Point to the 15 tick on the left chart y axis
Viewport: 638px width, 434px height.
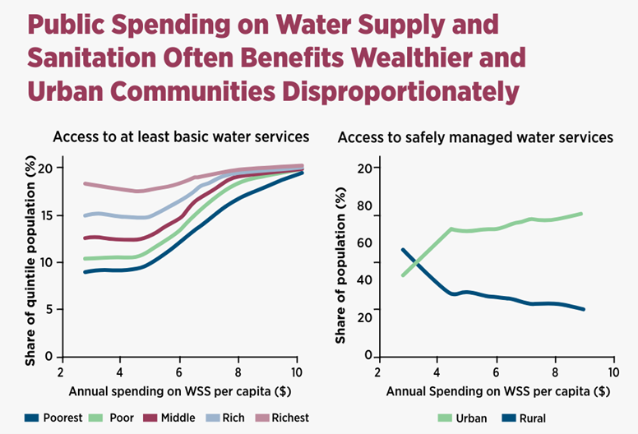47,215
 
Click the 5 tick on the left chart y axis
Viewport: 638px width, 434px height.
50,310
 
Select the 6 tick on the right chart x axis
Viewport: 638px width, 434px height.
496,370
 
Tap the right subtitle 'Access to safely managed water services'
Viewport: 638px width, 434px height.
475,137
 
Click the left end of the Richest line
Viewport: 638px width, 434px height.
86,183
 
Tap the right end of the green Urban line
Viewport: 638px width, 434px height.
582,213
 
